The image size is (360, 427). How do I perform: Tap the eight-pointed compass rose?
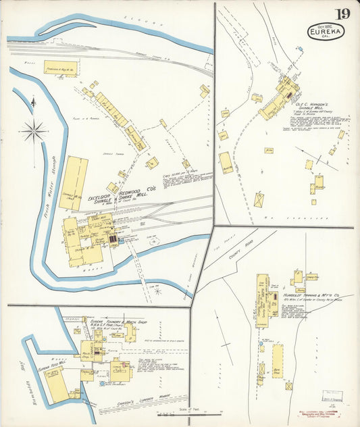point(34,130)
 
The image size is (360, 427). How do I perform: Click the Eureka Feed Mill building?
point(54,382)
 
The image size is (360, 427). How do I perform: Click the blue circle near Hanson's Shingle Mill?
point(299,49)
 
